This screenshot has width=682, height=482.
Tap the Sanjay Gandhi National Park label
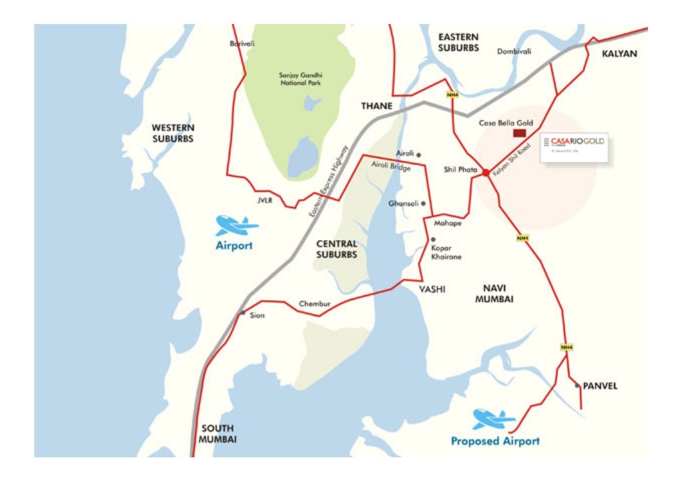coord(300,79)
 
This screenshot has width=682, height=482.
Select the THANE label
coord(377,106)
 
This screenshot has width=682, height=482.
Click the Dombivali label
coord(514,51)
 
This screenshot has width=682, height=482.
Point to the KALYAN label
coord(619,54)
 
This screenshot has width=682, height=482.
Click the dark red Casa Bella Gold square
coord(519,133)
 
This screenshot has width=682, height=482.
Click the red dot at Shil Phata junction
coord(486,172)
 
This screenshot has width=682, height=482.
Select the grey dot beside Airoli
coord(418,155)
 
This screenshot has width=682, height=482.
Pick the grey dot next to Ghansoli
coord(423,204)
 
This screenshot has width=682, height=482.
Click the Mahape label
coord(448,223)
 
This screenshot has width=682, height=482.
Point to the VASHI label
coord(432,289)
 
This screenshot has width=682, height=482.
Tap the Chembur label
coord(314,304)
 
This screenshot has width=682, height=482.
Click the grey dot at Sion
coord(242,313)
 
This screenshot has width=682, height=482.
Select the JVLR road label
coord(265,200)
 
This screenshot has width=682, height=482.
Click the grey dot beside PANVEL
coord(577,385)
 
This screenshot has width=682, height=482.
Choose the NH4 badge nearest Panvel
coord(566,347)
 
